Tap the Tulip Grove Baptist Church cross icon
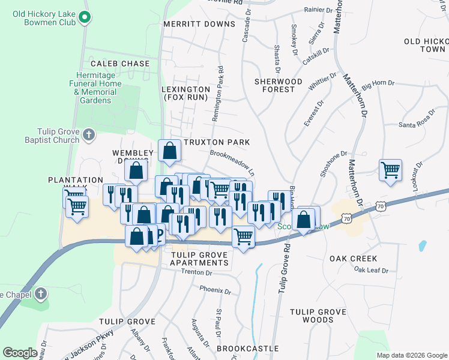tap(89, 134)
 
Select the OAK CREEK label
tap(354, 259)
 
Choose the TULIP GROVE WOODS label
tap(318, 316)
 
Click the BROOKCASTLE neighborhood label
tap(247, 348)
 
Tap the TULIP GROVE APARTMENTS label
tap(199, 259)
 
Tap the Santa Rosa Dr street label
tap(415, 125)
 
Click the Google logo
tap(20, 353)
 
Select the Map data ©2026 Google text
tap(411, 355)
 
